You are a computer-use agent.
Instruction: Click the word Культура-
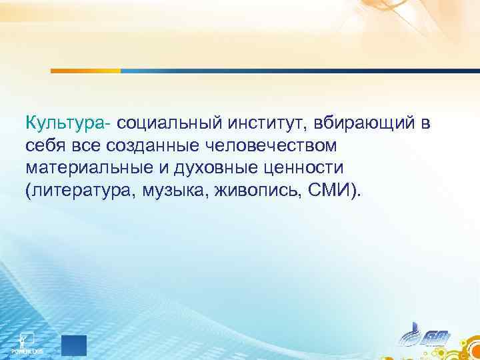(69, 123)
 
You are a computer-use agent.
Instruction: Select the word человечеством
(273, 146)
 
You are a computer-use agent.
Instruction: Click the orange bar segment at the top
(85, 70)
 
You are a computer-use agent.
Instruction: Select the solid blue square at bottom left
(75, 345)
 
